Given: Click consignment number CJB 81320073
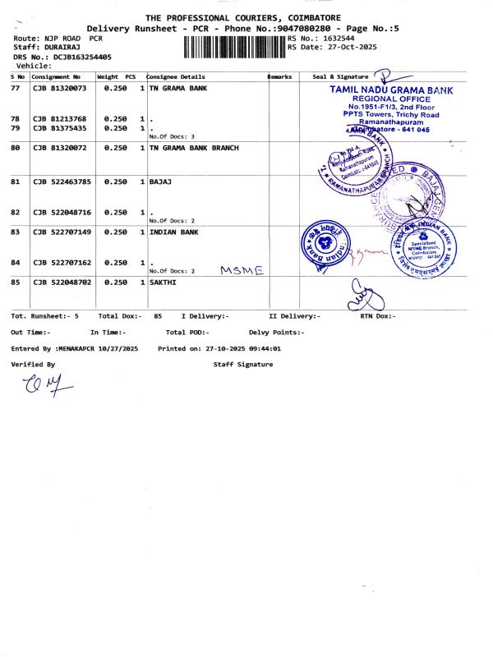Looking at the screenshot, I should pos(59,87).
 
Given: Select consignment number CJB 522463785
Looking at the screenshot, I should pos(62,181).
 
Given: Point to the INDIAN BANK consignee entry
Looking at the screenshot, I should pos(174,232).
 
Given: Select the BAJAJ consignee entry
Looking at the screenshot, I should pos(161,181).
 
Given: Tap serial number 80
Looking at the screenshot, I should pos(15,148).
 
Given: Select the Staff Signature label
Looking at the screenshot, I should pos(242,364).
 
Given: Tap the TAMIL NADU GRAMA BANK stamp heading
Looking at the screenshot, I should pos(391,88).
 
